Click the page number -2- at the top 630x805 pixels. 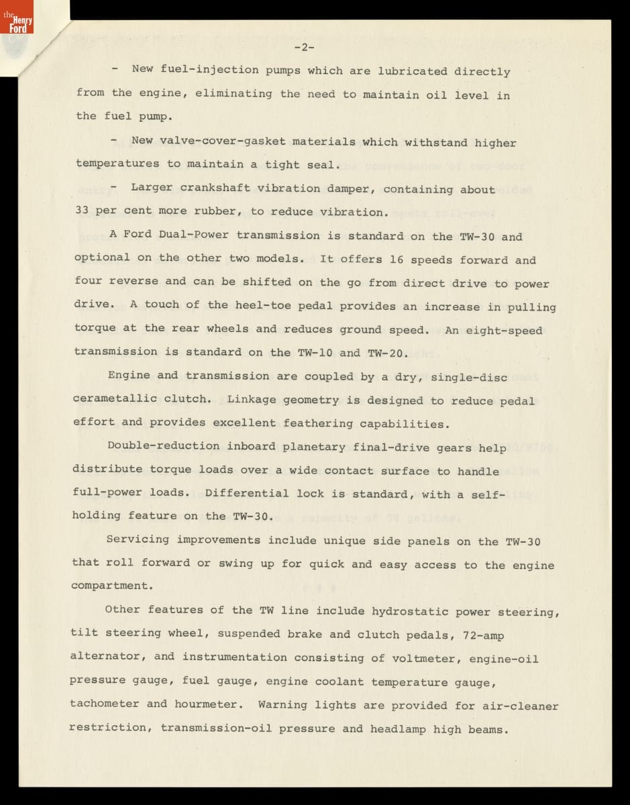pos(304,47)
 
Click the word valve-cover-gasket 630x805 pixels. pos(221,142)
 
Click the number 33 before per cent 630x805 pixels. pos(82,211)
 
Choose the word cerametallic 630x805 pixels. pos(114,398)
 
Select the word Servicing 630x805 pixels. pos(138,540)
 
